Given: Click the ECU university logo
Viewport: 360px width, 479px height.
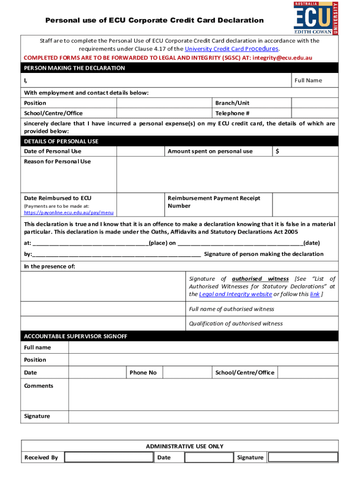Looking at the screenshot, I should (x=316, y=18).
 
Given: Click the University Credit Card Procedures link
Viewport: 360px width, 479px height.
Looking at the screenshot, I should (x=232, y=49).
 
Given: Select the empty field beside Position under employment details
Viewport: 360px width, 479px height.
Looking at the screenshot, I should (x=164, y=103).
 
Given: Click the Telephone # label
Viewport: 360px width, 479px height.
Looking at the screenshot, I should (x=232, y=113).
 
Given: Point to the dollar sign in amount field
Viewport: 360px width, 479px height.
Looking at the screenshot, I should (x=278, y=151).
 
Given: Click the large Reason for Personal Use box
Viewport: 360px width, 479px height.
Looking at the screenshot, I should (x=227, y=174).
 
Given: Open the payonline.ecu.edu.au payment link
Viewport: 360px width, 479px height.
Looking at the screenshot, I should (x=69, y=212).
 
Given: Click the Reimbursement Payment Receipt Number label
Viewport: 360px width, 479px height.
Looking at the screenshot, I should (x=214, y=202).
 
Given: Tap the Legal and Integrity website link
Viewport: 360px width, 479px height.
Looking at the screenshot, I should (x=235, y=294).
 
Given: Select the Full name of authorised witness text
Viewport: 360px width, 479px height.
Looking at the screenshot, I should (x=231, y=309).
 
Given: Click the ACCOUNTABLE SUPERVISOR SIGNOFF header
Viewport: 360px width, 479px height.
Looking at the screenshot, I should (x=75, y=336).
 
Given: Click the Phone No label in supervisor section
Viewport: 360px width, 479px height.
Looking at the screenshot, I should (x=143, y=372).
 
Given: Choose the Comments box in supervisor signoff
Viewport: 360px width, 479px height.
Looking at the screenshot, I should (x=203, y=394).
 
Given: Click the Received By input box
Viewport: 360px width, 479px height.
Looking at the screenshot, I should (x=108, y=457).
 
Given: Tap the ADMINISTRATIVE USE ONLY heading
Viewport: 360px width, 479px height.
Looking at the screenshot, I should (x=185, y=446).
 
